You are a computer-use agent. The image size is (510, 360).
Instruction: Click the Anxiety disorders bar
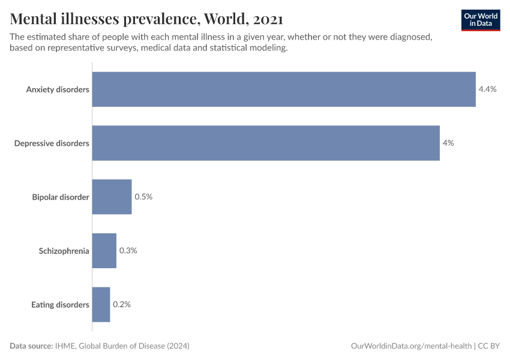tap(284, 89)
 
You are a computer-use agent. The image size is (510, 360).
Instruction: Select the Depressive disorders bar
tap(266, 143)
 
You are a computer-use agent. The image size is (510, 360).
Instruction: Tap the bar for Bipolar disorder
tap(112, 197)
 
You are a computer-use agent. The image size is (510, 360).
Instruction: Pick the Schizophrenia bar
tap(104, 251)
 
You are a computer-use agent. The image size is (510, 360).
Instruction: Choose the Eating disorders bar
tap(101, 304)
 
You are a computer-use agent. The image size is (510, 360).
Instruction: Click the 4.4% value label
tap(487, 89)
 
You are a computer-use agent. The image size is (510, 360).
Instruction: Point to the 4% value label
tap(448, 143)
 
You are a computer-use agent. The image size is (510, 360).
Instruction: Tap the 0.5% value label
tap(143, 197)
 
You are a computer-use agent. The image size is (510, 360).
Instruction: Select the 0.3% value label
tap(128, 251)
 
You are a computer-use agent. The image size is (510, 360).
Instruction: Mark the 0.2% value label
tap(122, 304)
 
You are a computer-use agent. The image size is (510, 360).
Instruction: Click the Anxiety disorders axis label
tap(58, 89)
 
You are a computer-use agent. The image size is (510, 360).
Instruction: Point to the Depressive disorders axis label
tap(52, 143)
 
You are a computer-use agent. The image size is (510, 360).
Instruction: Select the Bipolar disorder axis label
tap(61, 197)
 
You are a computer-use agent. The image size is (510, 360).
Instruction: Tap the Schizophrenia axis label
tap(64, 251)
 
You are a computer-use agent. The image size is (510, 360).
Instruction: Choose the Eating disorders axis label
tap(60, 304)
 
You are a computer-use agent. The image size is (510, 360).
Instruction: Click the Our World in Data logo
tap(481, 20)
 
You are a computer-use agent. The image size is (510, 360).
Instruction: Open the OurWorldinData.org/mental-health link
tap(411, 346)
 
